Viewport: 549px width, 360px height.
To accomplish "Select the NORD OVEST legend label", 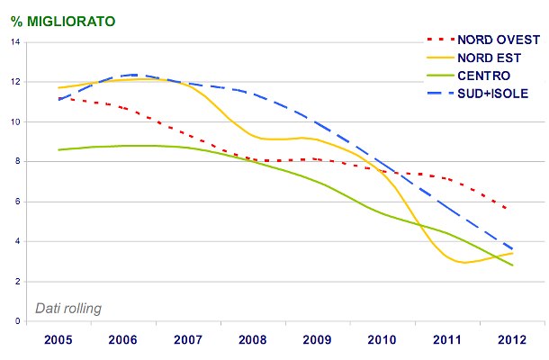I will click(498, 40).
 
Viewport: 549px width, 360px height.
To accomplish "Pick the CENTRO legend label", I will click(483, 76).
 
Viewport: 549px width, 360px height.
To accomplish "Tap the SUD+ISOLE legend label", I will click(492, 94).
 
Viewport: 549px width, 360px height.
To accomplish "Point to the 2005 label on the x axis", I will click(58, 339).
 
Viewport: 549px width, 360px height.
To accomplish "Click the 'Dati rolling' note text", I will click(68, 308).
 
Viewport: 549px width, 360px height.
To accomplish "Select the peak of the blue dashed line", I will click(133, 75).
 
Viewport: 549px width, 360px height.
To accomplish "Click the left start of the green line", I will click(58, 149).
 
